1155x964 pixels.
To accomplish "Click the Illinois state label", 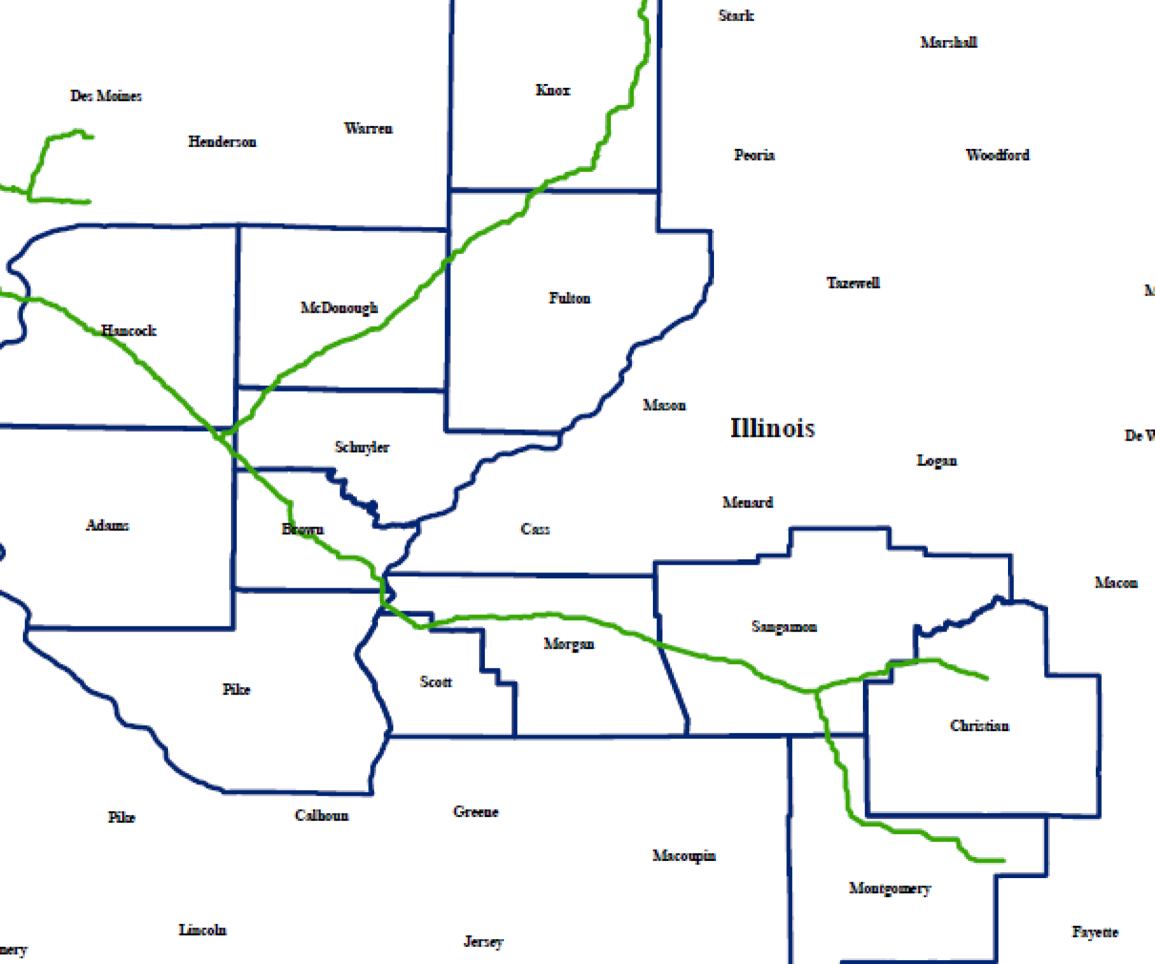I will point(772,428).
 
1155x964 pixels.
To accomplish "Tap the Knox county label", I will point(553,90).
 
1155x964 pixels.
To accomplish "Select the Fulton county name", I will point(570,298).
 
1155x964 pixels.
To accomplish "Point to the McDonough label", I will point(339,308).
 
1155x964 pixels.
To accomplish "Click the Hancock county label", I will point(129,331).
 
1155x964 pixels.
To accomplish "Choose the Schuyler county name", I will point(362,447).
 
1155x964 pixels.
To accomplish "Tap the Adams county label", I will point(108,525).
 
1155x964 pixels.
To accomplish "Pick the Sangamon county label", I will point(784,627).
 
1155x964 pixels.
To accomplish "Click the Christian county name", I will point(980,726).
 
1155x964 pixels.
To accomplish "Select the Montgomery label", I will point(890,889).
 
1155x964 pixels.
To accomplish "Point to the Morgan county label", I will point(569,644).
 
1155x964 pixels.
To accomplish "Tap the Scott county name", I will point(436,682).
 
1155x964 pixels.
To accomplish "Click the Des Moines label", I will point(106,96).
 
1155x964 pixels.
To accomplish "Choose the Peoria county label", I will point(754,155).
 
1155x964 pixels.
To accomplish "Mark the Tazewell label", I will point(853,283).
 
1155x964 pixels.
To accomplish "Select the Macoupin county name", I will point(684,856).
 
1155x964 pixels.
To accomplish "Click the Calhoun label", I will point(322,816).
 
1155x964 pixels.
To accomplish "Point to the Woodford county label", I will point(997,155).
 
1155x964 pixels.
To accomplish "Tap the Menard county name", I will point(747,502).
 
